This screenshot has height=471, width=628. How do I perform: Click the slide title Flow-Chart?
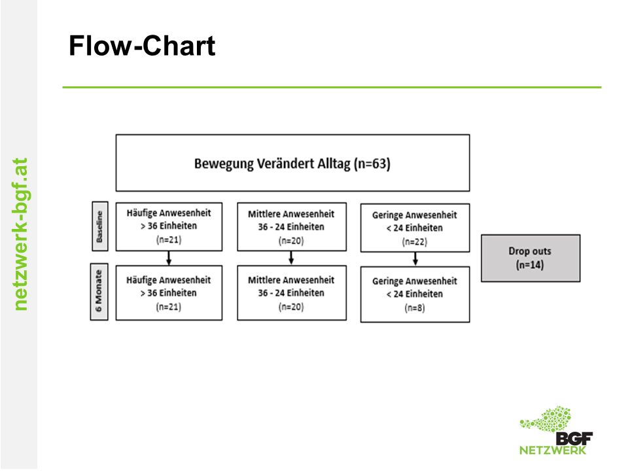pyautogui.click(x=142, y=46)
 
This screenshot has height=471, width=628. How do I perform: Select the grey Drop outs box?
pyautogui.click(x=531, y=258)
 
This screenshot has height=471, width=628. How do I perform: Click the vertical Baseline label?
pyautogui.click(x=99, y=226)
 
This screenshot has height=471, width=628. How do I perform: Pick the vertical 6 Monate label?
pyautogui.click(x=99, y=291)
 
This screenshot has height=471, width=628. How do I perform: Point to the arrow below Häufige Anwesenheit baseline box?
pyautogui.click(x=169, y=258)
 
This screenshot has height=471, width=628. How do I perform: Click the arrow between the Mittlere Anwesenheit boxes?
pyautogui.click(x=292, y=258)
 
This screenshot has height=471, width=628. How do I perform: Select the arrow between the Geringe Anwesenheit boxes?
pyautogui.click(x=415, y=259)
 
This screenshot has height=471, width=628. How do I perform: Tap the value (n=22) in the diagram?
pyautogui.click(x=415, y=241)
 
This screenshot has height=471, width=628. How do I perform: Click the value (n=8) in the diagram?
pyautogui.click(x=415, y=307)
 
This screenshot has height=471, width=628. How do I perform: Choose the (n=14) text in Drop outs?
pyautogui.click(x=530, y=265)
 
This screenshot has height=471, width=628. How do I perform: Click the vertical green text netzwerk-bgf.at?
pyautogui.click(x=20, y=234)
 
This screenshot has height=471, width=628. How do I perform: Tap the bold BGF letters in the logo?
pyautogui.click(x=574, y=438)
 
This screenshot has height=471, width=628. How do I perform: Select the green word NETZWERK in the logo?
pyautogui.click(x=553, y=450)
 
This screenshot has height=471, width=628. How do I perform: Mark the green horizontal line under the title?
pyautogui.click(x=332, y=87)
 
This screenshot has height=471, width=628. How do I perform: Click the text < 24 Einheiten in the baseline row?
pyautogui.click(x=415, y=228)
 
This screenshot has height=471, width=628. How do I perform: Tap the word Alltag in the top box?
pyautogui.click(x=334, y=164)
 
